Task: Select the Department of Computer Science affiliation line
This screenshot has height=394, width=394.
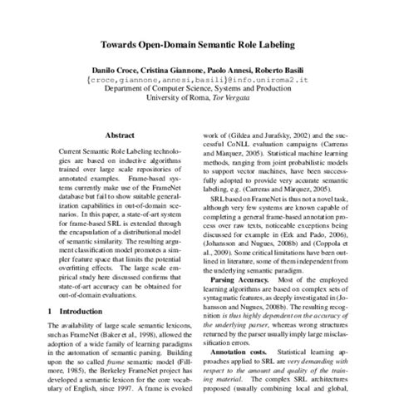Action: (x=197, y=93)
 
